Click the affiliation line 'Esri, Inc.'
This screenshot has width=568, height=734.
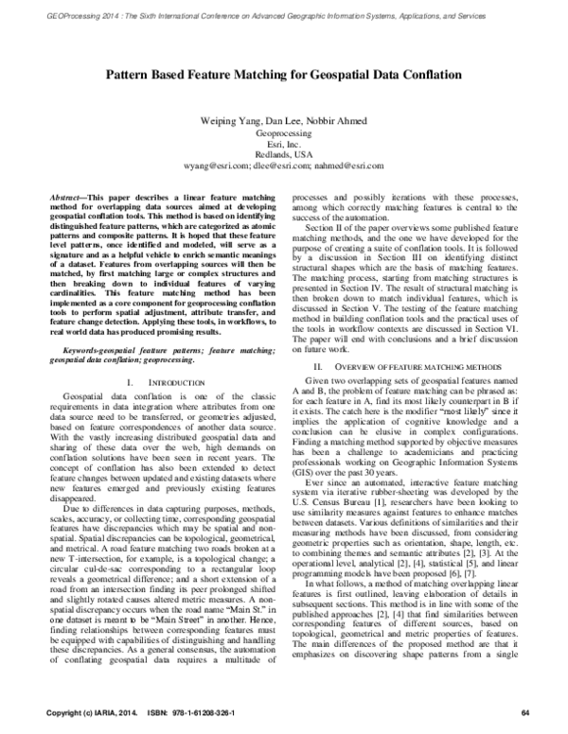click(283, 144)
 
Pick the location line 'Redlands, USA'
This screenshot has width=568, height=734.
click(283, 154)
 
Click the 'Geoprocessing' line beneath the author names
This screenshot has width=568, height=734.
click(283, 133)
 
